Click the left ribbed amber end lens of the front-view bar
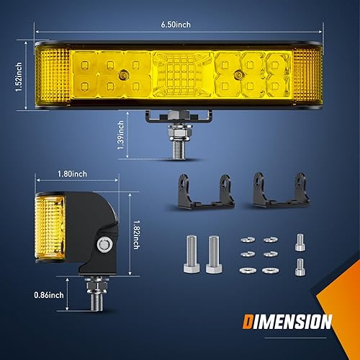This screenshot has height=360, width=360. [51, 75]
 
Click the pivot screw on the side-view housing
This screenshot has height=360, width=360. [104, 244]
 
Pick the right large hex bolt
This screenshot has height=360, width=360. [212, 255]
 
